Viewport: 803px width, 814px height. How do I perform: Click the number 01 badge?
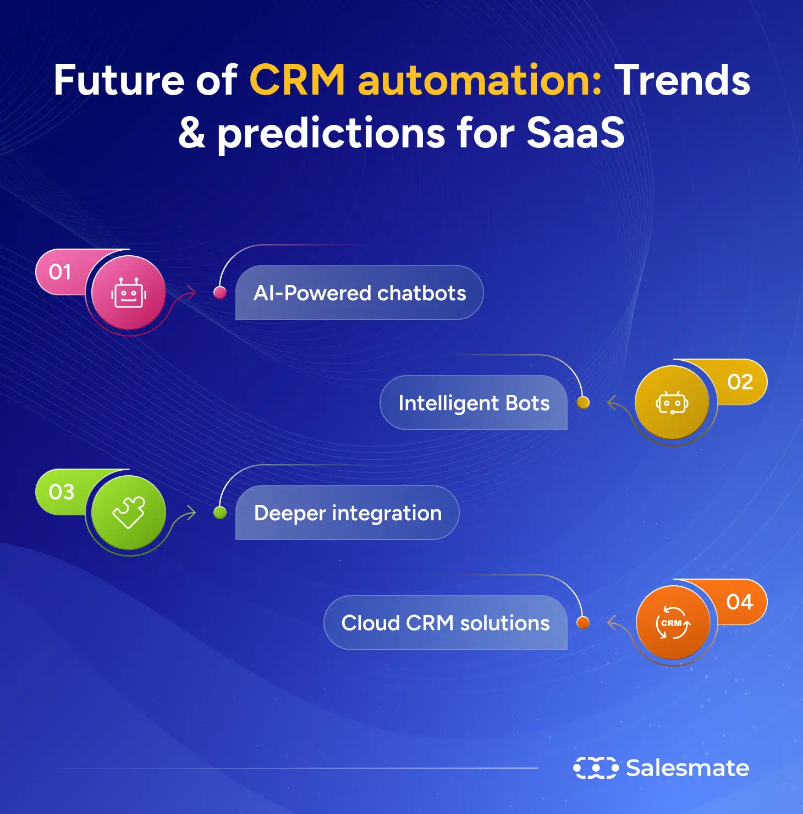[59, 272]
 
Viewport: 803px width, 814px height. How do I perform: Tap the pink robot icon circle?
[128, 293]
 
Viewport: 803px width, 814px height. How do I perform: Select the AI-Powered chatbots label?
[359, 293]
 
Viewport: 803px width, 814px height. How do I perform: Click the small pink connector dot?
[220, 293]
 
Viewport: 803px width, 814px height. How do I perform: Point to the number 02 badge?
[740, 382]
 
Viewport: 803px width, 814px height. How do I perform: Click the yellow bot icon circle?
[672, 403]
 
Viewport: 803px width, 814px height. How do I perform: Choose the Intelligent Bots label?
[474, 403]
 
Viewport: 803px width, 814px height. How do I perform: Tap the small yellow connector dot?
[583, 403]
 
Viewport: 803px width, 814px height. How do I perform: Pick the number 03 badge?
[61, 492]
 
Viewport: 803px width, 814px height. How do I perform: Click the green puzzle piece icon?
[129, 512]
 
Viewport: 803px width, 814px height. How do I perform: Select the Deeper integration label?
[348, 513]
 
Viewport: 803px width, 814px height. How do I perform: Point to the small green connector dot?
[220, 513]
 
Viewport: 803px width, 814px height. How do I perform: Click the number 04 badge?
[740, 602]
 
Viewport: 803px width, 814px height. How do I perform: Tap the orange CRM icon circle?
[673, 623]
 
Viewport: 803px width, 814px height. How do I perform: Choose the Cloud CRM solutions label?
[446, 623]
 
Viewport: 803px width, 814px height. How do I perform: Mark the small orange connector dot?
[583, 623]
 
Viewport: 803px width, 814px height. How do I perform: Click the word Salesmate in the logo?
[687, 768]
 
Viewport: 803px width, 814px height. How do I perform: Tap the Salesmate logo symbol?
[596, 768]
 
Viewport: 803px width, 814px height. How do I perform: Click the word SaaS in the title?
[575, 133]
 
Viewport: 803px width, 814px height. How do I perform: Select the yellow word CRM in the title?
[298, 80]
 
